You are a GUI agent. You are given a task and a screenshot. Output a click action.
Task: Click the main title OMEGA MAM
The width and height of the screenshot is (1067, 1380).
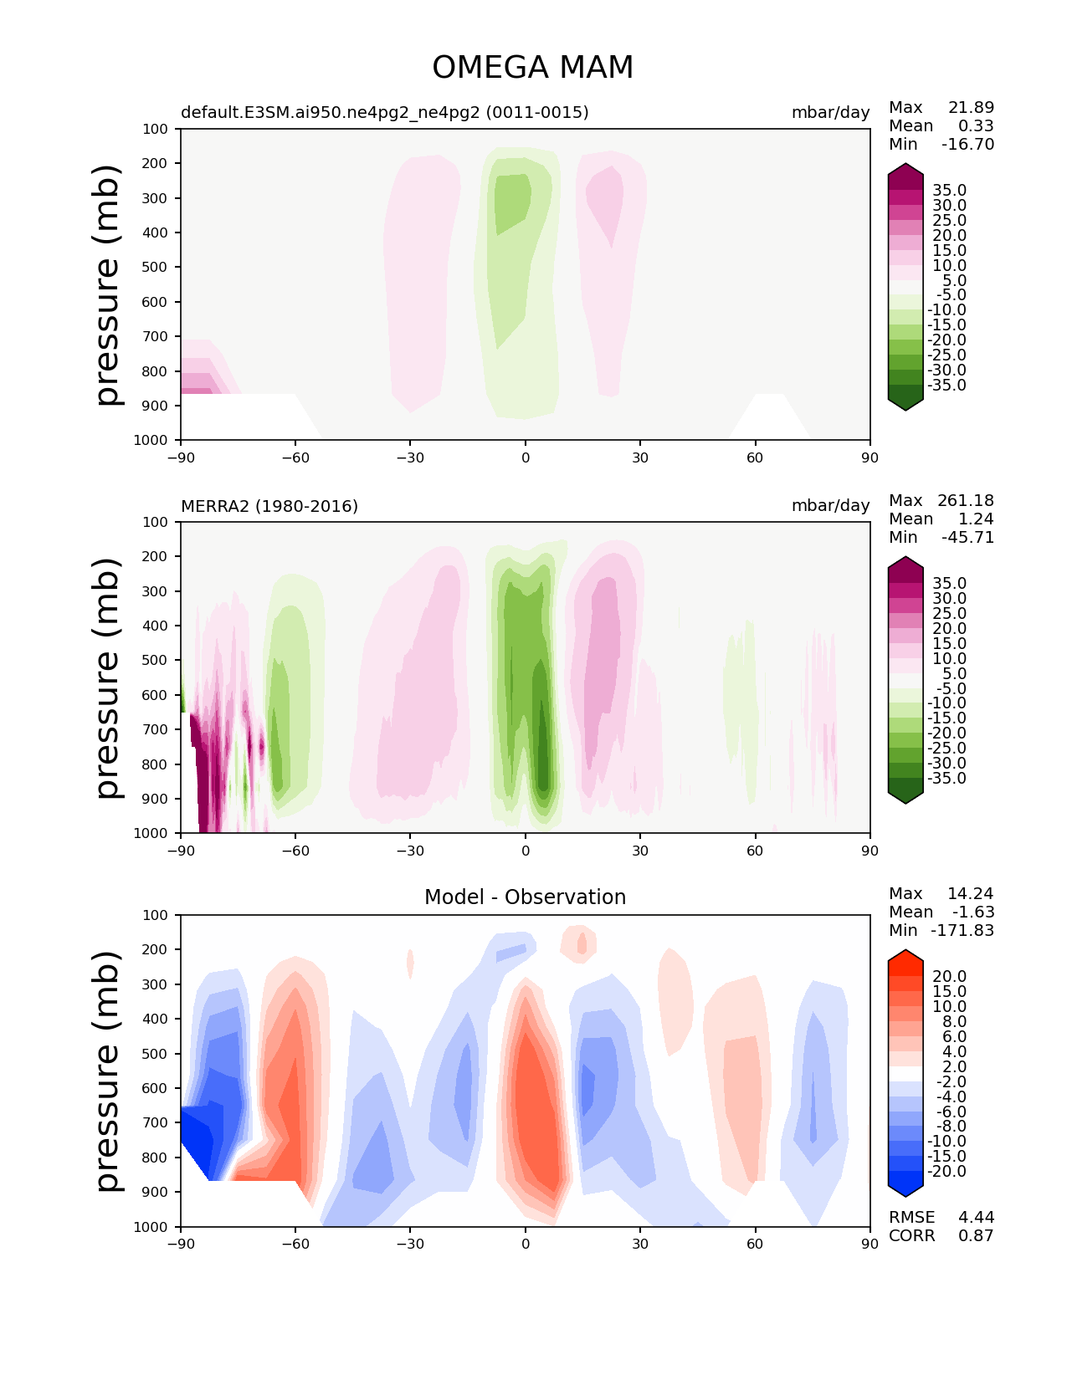532,68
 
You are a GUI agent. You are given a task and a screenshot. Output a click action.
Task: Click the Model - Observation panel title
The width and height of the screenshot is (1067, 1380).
525,897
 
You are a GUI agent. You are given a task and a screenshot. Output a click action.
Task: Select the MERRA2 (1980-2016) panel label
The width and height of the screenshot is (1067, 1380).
269,506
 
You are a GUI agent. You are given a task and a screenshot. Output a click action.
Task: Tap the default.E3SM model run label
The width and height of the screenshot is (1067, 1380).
384,112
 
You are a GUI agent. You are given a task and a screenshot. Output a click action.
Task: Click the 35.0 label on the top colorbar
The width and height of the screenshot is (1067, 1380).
949,191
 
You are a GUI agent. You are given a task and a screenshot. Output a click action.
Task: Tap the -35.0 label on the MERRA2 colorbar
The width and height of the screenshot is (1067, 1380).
946,778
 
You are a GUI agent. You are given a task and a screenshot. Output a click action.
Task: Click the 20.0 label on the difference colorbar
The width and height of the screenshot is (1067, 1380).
949,977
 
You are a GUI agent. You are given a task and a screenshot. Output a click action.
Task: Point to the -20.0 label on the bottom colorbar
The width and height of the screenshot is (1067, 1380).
946,1171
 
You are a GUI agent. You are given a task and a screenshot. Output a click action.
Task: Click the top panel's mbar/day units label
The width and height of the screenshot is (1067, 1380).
830,112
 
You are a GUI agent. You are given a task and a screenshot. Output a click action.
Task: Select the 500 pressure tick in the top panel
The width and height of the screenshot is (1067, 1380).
156,267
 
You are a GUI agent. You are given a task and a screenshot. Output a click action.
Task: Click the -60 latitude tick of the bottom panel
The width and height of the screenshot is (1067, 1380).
295,1244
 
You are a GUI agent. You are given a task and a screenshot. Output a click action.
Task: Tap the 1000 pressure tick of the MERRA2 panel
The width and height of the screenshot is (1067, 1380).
151,833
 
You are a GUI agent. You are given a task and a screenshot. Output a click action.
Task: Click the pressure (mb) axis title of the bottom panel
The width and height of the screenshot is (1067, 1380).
109,1071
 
